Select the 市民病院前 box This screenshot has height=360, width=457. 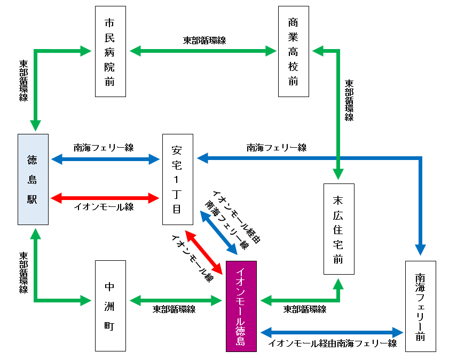coord(110,51)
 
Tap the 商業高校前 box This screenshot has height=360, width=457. coord(293,51)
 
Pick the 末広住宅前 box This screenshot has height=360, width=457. coord(338,229)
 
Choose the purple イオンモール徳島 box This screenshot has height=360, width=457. coord(241,306)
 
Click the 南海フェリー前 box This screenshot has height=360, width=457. coord(420,306)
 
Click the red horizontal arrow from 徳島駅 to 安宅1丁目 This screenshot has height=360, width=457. coord(105,198)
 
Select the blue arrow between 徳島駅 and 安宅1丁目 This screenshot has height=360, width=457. coord(105,158)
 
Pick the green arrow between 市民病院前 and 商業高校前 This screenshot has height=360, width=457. coord(203,51)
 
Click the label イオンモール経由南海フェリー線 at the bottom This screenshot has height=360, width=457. coord(332,344)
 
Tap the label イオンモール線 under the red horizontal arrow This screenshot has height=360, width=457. coord(104,207)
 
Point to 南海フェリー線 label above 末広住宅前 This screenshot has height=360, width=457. coord(276,147)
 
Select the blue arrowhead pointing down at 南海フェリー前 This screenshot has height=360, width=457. coord(421,249)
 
